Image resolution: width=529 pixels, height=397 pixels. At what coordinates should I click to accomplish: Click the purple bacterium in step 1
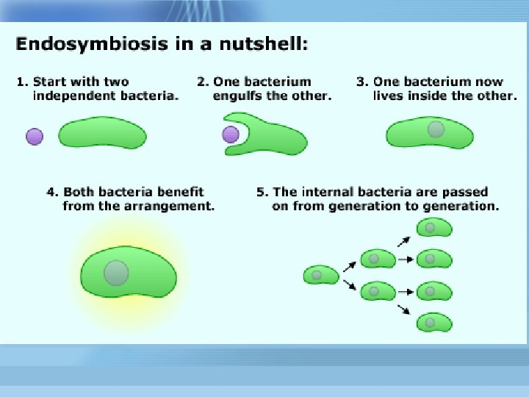point(35,136)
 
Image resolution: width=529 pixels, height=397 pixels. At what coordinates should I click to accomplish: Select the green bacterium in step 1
point(102,135)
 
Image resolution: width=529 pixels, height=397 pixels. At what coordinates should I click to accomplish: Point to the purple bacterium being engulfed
point(231,134)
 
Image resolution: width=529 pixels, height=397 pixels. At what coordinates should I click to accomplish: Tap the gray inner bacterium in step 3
point(436,129)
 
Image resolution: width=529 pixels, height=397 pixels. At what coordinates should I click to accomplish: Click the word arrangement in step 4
point(172,206)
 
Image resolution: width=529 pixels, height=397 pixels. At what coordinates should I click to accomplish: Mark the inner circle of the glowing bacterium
point(116,272)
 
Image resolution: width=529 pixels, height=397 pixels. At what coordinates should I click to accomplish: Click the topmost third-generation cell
point(433,228)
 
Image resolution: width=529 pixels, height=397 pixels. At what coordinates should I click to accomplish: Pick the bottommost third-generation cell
point(433,322)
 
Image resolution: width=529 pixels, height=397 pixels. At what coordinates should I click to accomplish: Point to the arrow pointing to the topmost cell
point(403,239)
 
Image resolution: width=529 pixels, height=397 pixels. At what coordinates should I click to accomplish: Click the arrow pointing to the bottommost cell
point(403,310)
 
